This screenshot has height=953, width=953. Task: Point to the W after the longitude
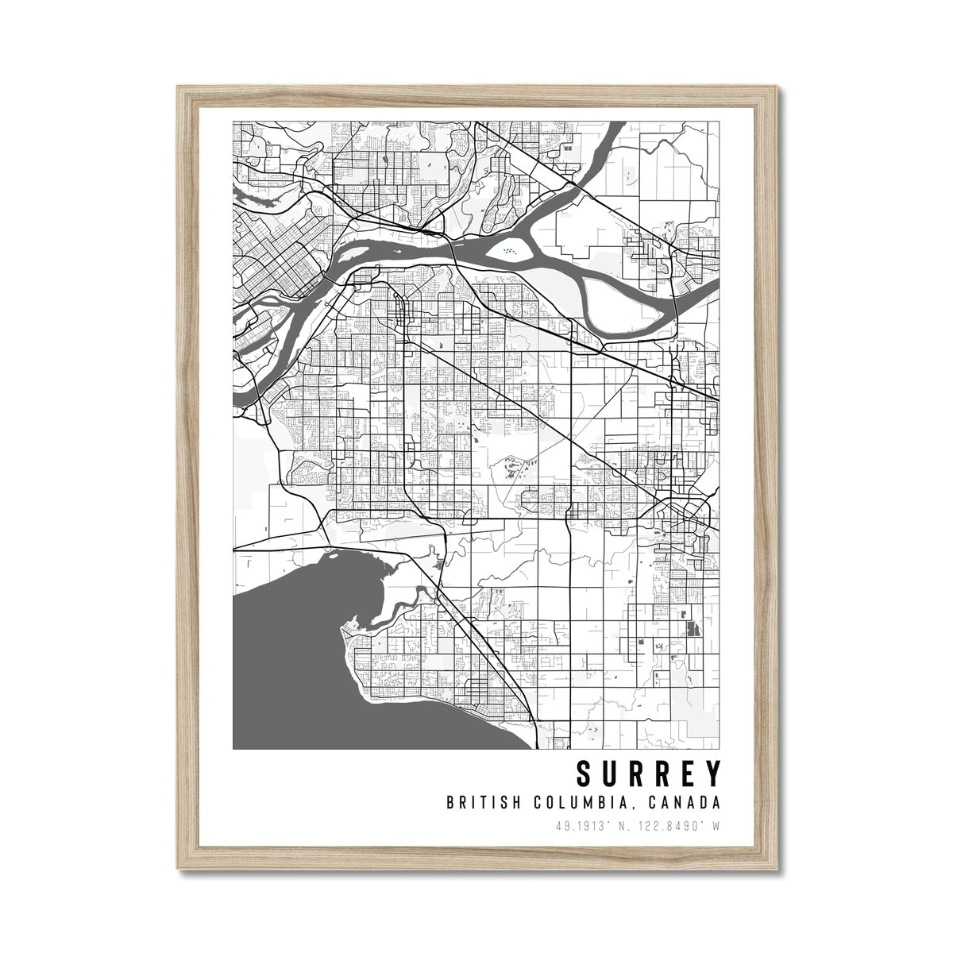click(x=716, y=826)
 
